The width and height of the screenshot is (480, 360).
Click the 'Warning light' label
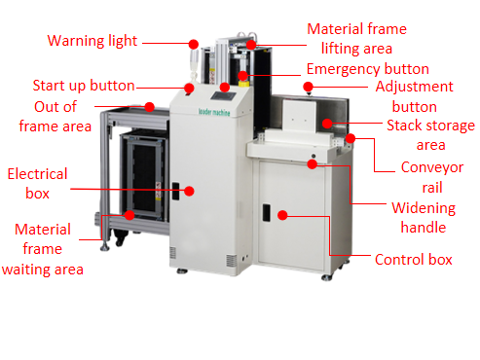pos(92,41)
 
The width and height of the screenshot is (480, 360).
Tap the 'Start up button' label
pos(84,86)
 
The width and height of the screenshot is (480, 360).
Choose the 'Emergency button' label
pos(367,70)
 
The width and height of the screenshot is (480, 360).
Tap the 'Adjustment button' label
pos(420,96)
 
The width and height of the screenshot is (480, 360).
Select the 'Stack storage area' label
pos(430,135)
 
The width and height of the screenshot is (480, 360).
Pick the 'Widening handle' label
pos(418,217)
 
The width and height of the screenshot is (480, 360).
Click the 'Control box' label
pos(414,260)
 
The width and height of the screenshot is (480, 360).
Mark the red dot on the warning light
pos(193,45)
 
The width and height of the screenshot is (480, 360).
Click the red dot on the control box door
pos(281,213)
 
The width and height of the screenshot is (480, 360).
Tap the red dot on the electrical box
pos(191,191)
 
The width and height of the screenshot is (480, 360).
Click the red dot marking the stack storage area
pos(329,124)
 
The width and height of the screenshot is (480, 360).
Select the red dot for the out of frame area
pos(150,106)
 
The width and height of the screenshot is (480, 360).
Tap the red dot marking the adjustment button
pos(309,87)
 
